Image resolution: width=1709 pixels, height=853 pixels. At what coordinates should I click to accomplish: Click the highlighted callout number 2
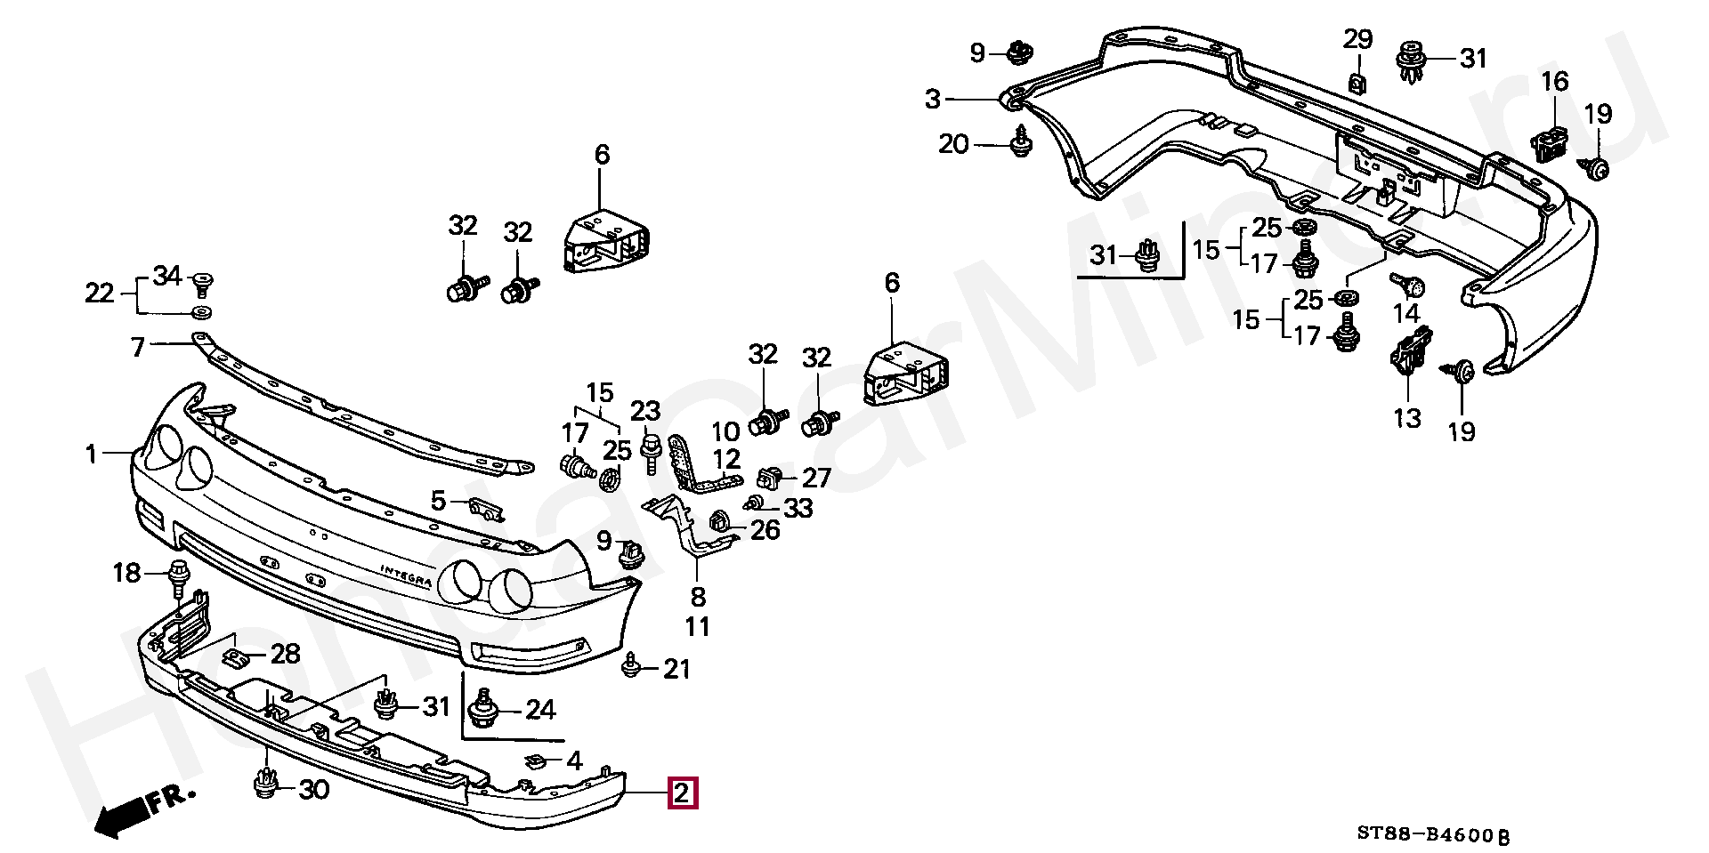pos(682,793)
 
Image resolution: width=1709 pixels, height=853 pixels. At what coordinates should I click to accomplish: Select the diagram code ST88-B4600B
pos(1433,834)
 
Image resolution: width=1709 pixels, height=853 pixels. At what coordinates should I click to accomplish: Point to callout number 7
pos(138,347)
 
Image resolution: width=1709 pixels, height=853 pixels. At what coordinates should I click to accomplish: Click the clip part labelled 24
pos(483,708)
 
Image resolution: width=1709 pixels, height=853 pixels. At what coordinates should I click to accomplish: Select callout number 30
pos(312,789)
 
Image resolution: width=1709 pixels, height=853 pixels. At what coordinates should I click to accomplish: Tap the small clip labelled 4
pos(537,760)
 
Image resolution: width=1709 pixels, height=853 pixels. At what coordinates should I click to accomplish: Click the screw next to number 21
pos(632,666)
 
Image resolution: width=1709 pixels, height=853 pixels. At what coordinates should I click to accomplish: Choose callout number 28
pos(285,655)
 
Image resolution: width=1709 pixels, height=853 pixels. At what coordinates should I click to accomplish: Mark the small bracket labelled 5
pos(486,510)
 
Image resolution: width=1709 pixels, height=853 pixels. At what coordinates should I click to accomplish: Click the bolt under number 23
pos(650,454)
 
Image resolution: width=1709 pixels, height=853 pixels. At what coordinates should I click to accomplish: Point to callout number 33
pos(798,508)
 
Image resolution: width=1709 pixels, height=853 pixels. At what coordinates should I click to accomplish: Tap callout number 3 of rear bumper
pos(932,99)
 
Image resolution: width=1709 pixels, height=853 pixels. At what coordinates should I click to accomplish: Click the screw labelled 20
pos(1021,142)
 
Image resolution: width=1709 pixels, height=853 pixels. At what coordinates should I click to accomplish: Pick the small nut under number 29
pos(1357,82)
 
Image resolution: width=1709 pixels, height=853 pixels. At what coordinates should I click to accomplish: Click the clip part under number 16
pos(1551,144)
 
